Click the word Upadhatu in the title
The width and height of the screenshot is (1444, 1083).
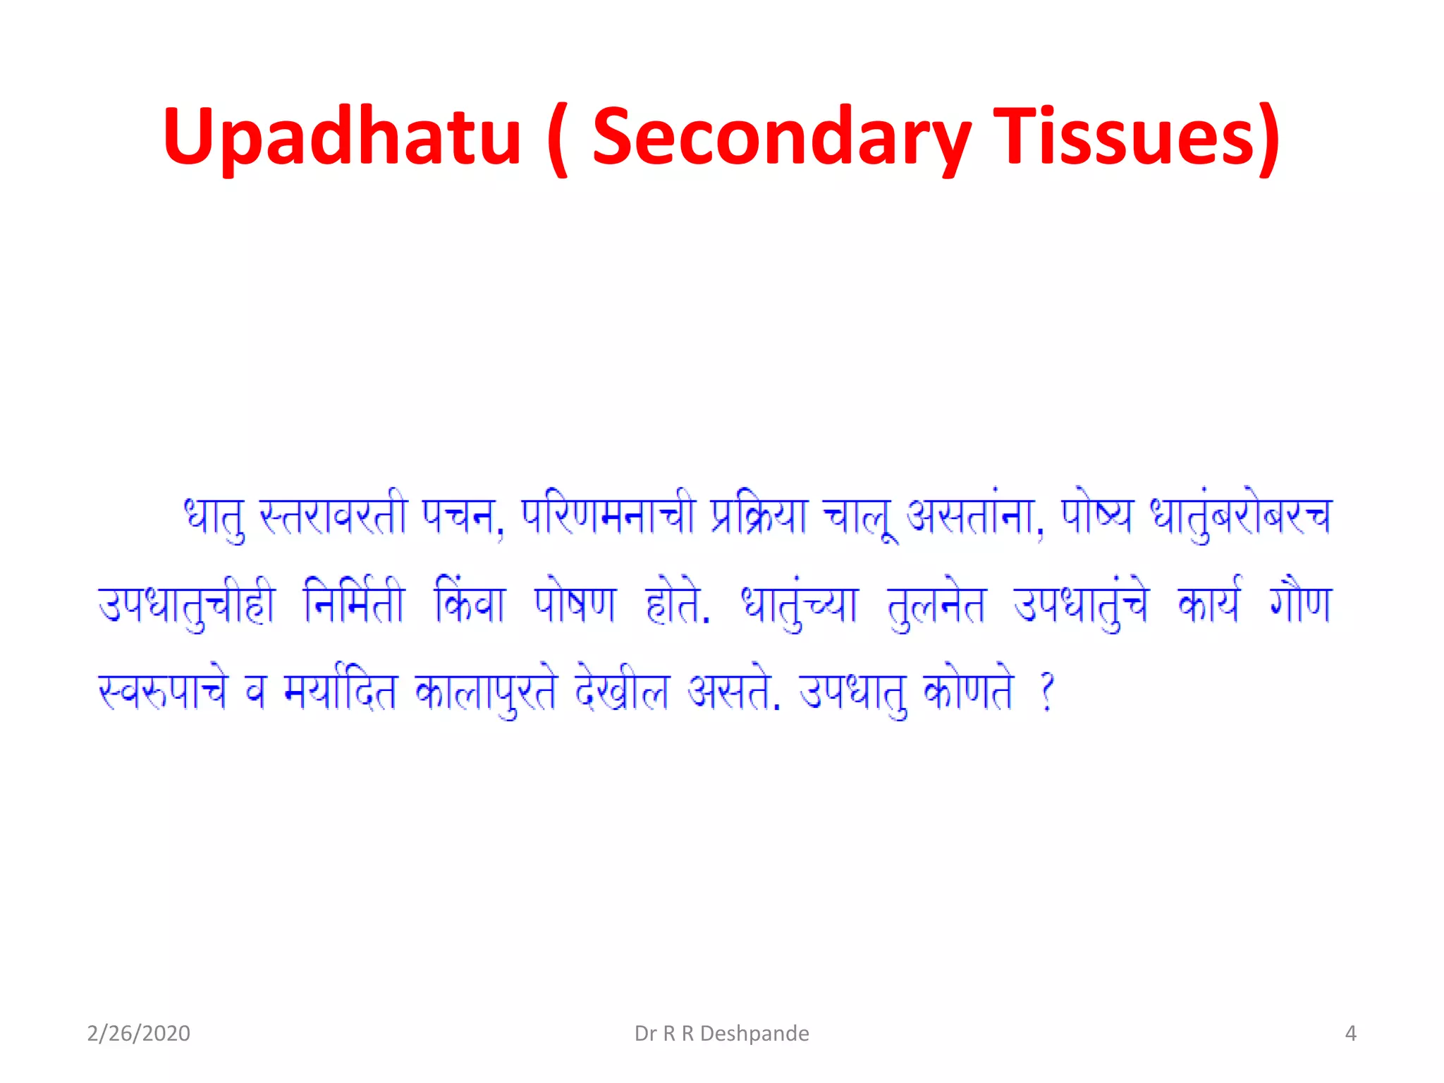(342, 137)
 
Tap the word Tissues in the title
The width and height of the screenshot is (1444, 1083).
(1136, 137)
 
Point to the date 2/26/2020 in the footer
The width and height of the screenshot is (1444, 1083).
(138, 1034)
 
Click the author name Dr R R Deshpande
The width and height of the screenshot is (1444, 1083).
(721, 1034)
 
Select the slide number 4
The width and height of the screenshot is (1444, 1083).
(1350, 1034)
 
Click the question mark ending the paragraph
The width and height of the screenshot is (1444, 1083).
(1048, 692)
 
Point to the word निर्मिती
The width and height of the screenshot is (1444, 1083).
(354, 604)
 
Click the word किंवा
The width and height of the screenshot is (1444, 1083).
(470, 604)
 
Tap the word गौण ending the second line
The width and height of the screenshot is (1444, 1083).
(1300, 604)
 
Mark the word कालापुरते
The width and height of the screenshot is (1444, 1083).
(487, 692)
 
